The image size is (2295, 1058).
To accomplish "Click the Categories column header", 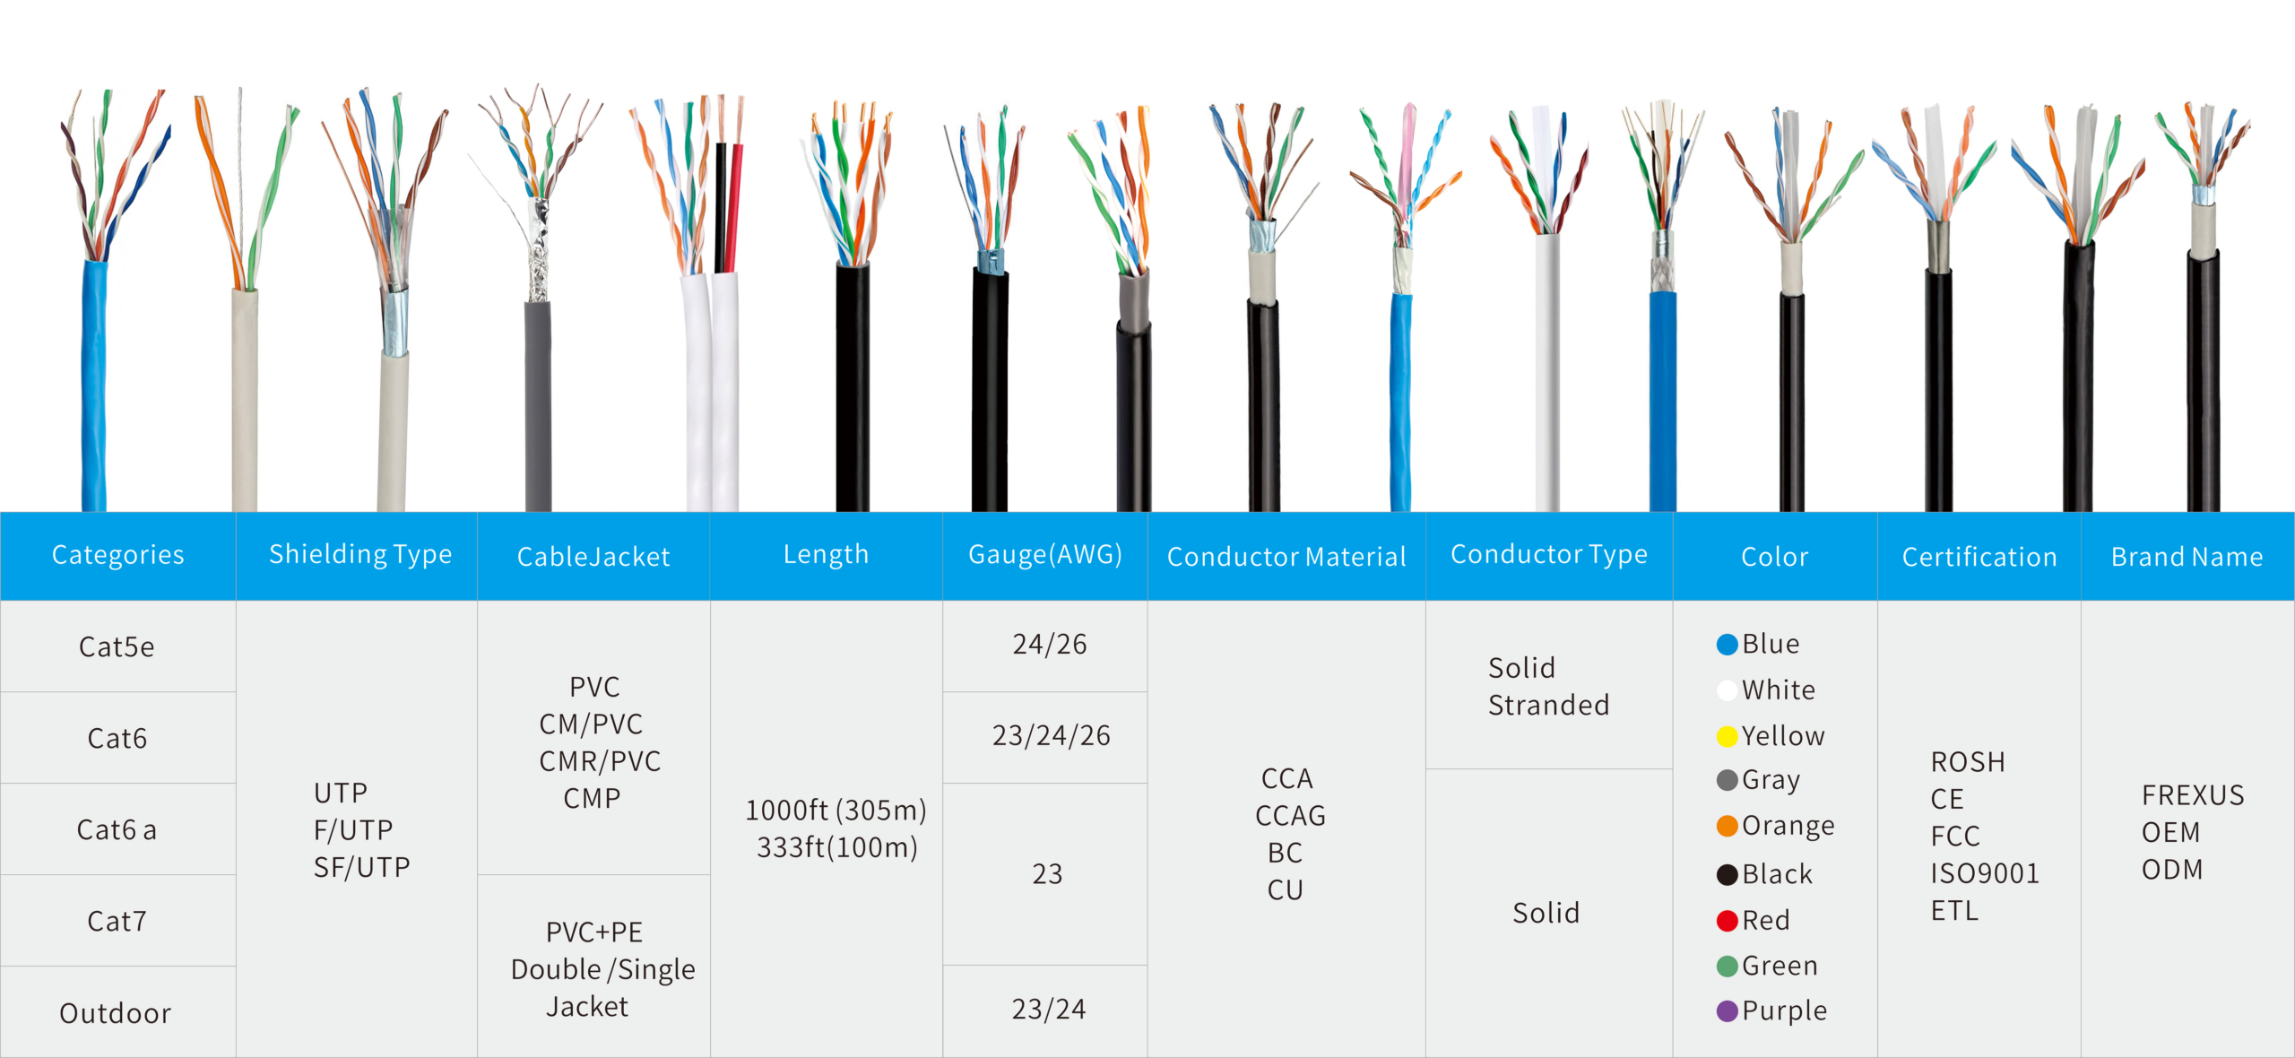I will coord(117,555).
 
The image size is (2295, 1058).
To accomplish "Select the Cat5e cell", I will coord(117,646).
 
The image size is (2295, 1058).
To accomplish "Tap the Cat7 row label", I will coord(117,921).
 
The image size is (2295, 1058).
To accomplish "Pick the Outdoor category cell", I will coord(116,1013).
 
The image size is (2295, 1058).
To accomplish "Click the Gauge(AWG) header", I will coord(1045,555).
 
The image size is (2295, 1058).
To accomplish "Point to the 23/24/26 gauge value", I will coord(1051,736).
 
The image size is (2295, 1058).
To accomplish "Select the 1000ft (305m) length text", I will coord(836,811).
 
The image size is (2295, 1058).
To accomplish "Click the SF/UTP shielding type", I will coord(361,867).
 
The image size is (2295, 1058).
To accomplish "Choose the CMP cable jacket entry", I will coord(592,798).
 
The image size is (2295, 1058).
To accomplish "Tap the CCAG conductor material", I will coord(1290,816).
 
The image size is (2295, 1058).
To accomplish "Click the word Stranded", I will coord(1548,706).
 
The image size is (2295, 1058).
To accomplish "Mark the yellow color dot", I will coord(1727,737).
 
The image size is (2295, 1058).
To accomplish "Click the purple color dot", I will coord(1727,1011).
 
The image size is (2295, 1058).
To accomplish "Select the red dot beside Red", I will coord(1727,921).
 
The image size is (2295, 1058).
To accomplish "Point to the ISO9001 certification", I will coord(1985,873).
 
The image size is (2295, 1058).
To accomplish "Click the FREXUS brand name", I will coord(2193,795).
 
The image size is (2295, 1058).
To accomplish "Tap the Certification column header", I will coord(1979,557).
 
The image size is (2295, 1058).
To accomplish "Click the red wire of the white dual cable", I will coord(736,206).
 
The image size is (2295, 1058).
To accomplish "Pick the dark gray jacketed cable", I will coord(538,403).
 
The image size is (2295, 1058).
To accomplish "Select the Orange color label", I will coord(1788,826).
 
